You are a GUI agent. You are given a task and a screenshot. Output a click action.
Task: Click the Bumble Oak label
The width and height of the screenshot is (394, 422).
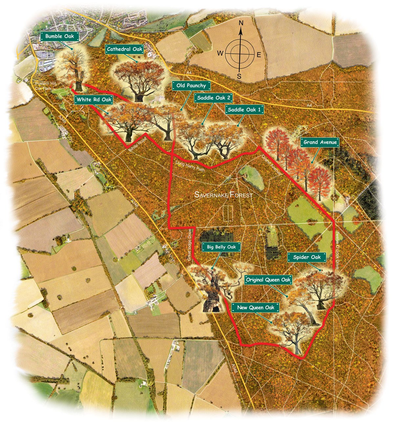coord(60,36)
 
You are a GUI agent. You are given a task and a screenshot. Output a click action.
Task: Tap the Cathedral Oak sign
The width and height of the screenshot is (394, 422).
coord(125,50)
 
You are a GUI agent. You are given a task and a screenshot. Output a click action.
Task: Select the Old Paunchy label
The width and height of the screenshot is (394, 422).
coord(191,86)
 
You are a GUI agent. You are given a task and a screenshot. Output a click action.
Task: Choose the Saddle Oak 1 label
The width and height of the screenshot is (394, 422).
coord(245,110)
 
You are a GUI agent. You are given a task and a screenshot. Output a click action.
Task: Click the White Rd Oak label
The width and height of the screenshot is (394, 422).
coord(94,99)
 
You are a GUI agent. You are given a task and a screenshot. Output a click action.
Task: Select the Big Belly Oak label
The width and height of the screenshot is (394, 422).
coord(221,246)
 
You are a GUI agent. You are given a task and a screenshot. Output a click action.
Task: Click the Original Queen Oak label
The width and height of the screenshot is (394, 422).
coord(269,280)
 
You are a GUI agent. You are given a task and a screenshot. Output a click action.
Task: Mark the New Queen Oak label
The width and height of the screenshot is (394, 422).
coord(256,307)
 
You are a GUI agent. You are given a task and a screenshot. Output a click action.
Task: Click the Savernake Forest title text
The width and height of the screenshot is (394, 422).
coord(224,195)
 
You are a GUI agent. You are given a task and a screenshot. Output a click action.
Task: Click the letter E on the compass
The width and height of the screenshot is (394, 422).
coord(258,55)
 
